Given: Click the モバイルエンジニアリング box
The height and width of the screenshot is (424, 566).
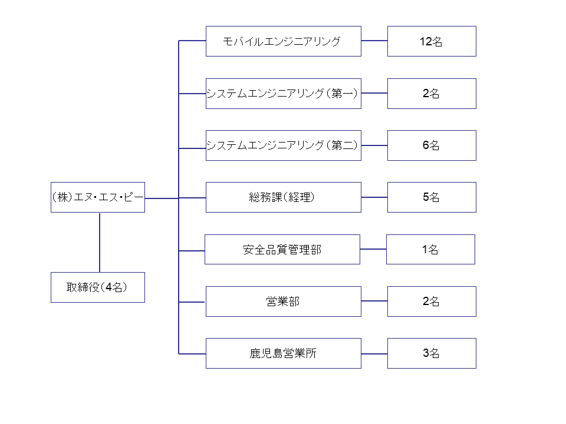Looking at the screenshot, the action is (284, 41).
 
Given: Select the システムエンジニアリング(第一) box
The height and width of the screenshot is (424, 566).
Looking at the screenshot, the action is (284, 94).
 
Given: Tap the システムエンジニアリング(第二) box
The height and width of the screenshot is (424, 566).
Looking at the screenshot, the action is (284, 145).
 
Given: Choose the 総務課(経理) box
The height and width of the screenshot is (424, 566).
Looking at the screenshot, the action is (284, 197).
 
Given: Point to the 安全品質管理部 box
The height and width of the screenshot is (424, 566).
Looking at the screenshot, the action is (282, 250).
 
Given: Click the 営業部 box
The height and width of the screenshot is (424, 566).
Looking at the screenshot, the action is (284, 302).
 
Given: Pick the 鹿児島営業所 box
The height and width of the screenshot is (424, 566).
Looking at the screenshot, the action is (284, 353).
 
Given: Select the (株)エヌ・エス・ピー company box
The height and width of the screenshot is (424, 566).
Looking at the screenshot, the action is (98, 197).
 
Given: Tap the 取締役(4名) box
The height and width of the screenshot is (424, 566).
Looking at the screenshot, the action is (98, 287).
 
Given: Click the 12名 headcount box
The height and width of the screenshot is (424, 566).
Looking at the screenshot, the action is (432, 41).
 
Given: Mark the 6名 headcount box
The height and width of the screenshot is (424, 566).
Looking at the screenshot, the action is (432, 145).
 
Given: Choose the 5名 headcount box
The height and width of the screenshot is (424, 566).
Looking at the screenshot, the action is (432, 197).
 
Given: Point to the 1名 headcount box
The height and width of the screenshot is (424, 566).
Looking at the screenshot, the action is (430, 250).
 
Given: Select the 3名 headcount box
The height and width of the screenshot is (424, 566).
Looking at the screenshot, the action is (432, 353).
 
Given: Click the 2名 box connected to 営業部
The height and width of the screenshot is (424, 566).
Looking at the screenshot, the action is (432, 302).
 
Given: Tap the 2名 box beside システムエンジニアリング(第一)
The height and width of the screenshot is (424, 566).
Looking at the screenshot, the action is (432, 94).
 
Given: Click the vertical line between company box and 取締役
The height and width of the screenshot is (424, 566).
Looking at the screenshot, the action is (100, 242).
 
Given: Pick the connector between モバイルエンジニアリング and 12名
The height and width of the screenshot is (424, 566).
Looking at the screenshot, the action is (374, 41).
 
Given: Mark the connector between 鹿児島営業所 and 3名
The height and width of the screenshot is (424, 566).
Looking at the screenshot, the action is (374, 354).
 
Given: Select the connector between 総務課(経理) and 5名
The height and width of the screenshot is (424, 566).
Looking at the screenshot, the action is (374, 197).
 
